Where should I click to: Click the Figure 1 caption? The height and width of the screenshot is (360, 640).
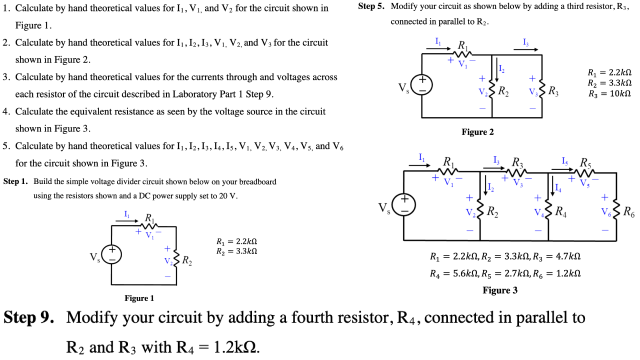(x=139, y=298)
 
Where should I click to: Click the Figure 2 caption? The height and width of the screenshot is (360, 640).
(x=477, y=132)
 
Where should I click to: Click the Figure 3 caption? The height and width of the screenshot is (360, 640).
(x=500, y=290)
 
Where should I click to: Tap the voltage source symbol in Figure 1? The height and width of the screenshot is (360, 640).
(x=111, y=253)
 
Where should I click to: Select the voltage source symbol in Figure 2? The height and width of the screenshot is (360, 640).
(x=421, y=85)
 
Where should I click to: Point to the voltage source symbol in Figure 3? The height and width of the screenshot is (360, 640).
(x=403, y=205)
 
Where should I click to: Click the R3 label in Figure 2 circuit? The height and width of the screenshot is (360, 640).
(x=553, y=91)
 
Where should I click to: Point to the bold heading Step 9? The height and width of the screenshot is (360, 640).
(x=29, y=318)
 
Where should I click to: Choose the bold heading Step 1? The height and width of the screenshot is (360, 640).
(x=15, y=181)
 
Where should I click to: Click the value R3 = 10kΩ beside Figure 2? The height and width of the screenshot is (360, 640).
(x=609, y=93)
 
